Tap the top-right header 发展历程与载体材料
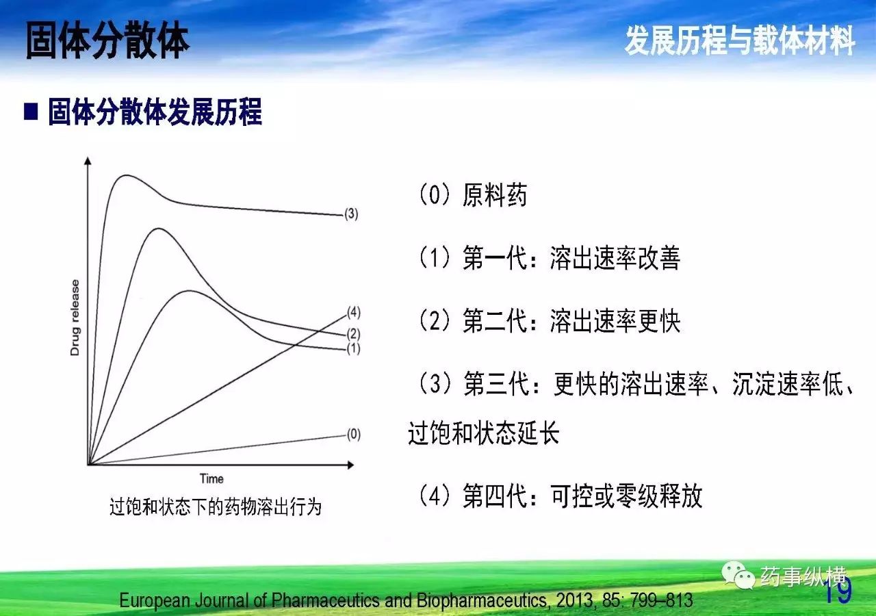pos(739,40)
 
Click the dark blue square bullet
pos(31,112)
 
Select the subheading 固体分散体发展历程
pos(155,112)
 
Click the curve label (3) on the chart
pos(351,214)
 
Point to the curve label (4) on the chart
pos(354,312)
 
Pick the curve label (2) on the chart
pos(354,333)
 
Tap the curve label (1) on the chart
pos(354,348)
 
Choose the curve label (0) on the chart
pos(354,434)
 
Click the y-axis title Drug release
pos(75,318)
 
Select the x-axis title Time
pos(211,478)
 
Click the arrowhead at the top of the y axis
pos(88,160)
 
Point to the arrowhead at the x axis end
pos(351,465)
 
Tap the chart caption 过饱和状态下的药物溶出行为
pos(216,507)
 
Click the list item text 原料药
pos(495,195)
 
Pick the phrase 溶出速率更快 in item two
pos(615,321)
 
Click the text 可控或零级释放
pos(626,496)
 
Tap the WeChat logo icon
pos(738,575)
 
